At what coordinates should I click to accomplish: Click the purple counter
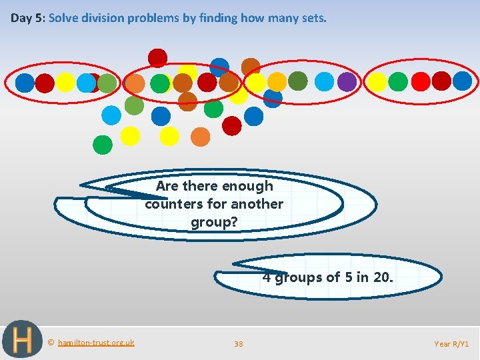tap(347, 81)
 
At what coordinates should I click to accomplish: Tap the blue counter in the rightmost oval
tap(462, 81)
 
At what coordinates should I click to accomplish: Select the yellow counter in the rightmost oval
tap(377, 82)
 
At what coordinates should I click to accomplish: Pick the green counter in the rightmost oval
tap(398, 82)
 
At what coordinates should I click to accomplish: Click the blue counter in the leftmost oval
tap(25, 82)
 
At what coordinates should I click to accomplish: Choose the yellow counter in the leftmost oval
tap(65, 82)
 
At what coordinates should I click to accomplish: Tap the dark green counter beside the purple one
tap(298, 81)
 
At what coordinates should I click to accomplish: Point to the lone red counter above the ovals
tap(157, 58)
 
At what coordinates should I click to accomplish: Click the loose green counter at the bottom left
tap(102, 144)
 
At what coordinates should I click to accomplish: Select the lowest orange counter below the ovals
tap(200, 137)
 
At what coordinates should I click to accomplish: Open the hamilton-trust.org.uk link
tap(95, 343)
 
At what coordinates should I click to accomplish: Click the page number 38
tap(239, 344)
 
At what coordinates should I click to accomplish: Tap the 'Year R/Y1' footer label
tap(451, 344)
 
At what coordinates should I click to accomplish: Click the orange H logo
tap(21, 340)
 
